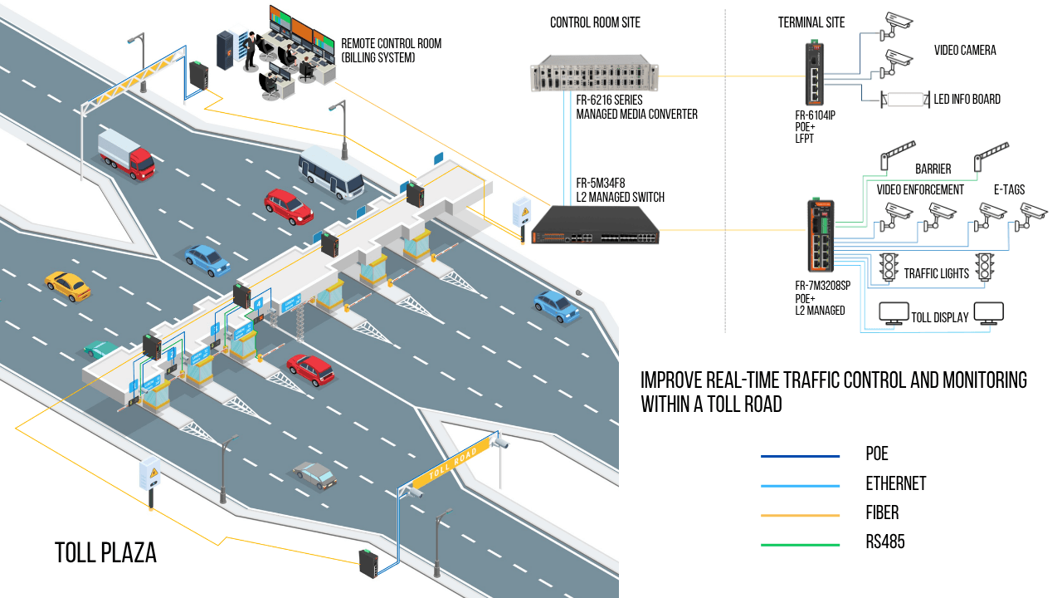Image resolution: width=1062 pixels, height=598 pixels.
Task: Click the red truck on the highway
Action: (127, 154)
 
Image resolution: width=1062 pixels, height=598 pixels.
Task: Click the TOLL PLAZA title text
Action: (105, 552)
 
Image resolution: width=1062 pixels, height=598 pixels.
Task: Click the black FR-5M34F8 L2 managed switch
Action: (595, 226)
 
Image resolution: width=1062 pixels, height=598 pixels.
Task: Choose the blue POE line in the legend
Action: (800, 455)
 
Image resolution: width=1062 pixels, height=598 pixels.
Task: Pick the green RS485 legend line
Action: (800, 545)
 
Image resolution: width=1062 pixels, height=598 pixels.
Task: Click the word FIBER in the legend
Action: (882, 512)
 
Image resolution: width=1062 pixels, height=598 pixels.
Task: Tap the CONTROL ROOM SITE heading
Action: (595, 22)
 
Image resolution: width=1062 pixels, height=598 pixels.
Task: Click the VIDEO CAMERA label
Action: (965, 51)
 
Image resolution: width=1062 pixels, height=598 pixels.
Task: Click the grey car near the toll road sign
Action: (314, 474)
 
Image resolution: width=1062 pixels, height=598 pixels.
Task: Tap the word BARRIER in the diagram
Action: (933, 169)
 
